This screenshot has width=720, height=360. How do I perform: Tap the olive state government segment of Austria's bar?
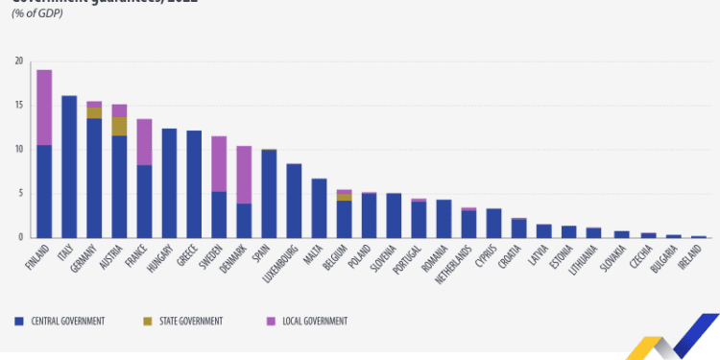tap(119, 126)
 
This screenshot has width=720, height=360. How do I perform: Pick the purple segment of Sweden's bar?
tap(219, 163)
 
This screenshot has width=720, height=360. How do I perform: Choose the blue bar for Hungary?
tap(169, 182)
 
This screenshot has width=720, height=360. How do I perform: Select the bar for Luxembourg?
tap(294, 201)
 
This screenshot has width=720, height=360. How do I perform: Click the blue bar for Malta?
tap(319, 207)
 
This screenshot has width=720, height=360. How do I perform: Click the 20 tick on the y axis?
tap(18, 61)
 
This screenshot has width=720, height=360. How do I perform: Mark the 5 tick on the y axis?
tap(20, 194)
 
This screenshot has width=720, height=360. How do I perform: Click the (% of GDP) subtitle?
tap(36, 13)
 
